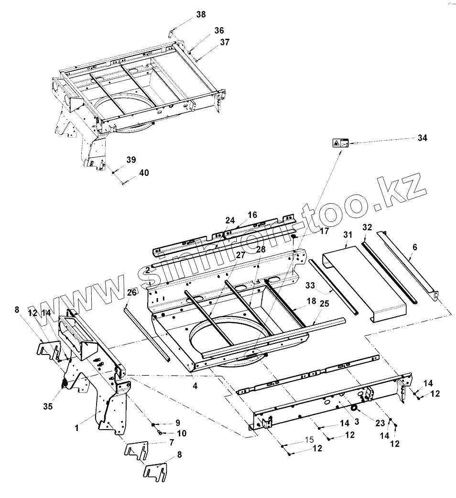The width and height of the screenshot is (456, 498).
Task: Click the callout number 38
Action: [201, 15]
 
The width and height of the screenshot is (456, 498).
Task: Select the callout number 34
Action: [422, 138]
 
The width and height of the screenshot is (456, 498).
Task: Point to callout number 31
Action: [347, 234]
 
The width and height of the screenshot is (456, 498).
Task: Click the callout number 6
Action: [414, 247]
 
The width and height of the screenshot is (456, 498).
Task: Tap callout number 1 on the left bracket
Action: [76, 429]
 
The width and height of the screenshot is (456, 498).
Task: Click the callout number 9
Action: [177, 422]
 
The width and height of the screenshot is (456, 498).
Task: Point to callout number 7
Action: [171, 443]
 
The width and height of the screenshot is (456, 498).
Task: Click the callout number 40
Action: [144, 173]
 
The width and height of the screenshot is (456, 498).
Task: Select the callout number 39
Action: [131, 159]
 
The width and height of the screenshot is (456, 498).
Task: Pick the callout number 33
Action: [310, 286]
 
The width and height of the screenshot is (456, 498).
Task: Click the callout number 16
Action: [252, 215]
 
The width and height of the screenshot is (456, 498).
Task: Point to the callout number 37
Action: [225, 42]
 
